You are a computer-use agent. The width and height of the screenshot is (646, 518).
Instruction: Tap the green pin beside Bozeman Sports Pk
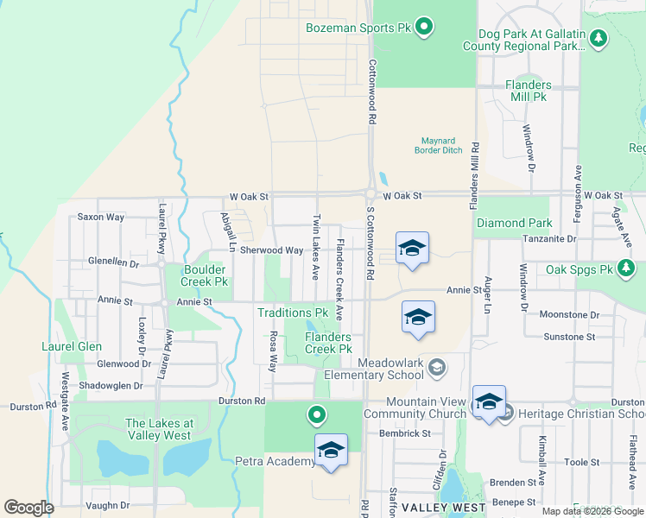click(x=423, y=28)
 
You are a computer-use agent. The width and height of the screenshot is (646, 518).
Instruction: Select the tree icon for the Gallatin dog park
click(x=599, y=39)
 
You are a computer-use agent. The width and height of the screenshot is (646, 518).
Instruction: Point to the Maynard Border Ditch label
click(x=442, y=145)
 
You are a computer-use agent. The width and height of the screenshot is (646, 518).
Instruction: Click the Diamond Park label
click(x=514, y=223)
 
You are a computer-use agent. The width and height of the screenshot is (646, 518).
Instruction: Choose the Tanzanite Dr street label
click(x=548, y=239)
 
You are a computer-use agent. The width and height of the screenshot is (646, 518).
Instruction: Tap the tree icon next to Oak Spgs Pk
click(x=629, y=270)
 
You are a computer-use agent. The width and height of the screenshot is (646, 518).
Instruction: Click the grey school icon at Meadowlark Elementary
click(x=437, y=369)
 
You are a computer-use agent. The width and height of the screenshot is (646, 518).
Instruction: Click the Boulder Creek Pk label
click(x=204, y=275)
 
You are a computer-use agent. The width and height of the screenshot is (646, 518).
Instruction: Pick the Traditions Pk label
click(x=293, y=312)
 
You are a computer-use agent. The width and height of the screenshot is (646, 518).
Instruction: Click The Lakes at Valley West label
click(x=159, y=429)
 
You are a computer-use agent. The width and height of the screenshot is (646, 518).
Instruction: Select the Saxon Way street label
click(x=100, y=217)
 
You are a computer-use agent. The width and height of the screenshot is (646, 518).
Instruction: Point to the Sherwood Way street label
click(x=271, y=250)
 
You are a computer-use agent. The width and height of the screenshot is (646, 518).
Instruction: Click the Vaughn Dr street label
click(x=107, y=505)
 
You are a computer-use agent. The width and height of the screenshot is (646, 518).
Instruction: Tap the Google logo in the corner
click(x=28, y=508)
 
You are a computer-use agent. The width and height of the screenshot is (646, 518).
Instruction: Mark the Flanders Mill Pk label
click(x=528, y=91)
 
